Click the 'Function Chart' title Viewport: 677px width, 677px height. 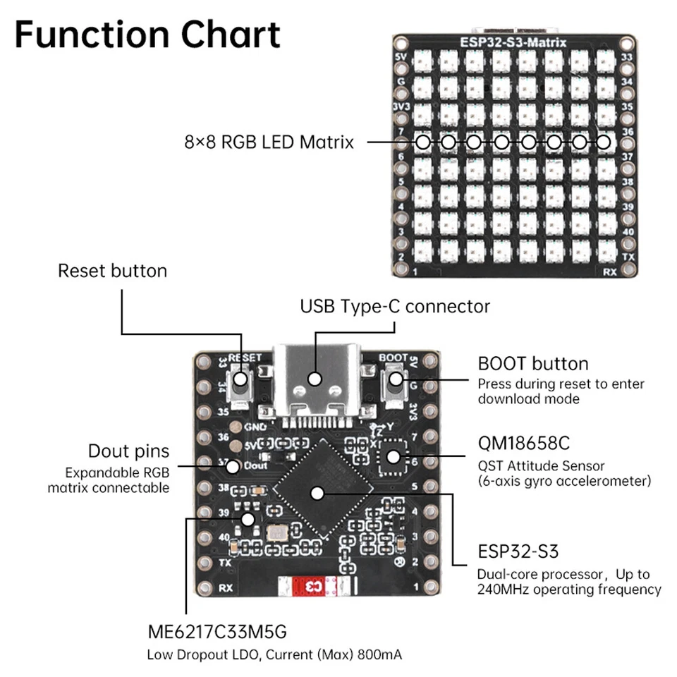[x=147, y=35]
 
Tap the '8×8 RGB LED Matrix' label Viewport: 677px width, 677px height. [x=268, y=142]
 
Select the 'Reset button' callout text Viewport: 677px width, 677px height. [x=112, y=271]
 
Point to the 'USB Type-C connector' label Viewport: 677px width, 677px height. [x=394, y=306]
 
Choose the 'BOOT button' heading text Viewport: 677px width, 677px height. [x=532, y=364]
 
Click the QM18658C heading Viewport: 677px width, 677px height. [x=523, y=444]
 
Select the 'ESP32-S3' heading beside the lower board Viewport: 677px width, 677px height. [x=518, y=551]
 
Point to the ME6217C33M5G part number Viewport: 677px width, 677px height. [x=217, y=630]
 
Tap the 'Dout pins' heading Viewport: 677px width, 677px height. [x=128, y=451]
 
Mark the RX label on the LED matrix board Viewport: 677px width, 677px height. [x=610, y=270]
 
